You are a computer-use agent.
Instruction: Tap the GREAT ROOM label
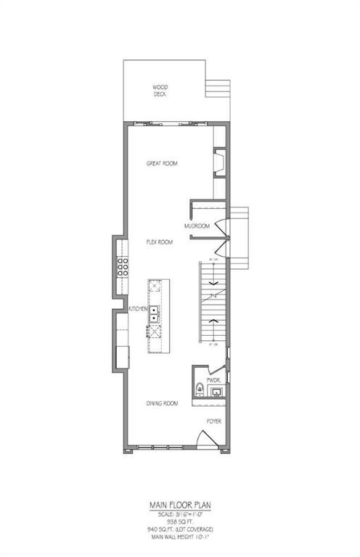[161, 164]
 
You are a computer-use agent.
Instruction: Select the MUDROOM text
[197, 226]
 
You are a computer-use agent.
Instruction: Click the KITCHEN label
[139, 309]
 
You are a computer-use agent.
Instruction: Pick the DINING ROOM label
[161, 403]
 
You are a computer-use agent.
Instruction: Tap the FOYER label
[213, 421]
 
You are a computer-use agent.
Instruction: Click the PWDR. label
[213, 379]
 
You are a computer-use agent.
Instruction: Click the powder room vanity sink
[216, 392]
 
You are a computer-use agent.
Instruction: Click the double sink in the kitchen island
[155, 313]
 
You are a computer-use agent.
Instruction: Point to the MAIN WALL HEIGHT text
[180, 537]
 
